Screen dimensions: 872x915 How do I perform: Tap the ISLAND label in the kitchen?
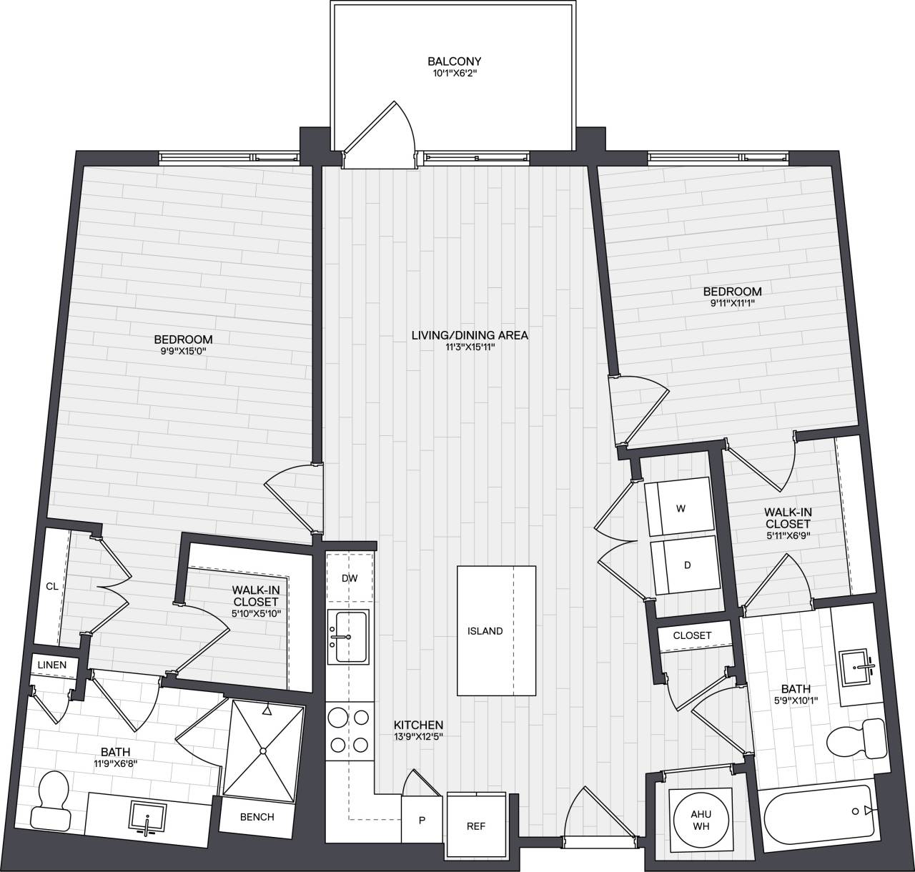[485, 631]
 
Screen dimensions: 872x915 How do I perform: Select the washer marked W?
[680, 507]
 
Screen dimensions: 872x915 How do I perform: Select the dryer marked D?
[686, 565]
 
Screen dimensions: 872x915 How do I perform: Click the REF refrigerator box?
[476, 826]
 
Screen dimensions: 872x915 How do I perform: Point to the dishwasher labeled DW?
[350, 578]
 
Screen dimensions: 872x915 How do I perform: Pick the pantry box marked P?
[422, 820]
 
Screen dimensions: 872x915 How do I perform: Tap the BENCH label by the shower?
[257, 816]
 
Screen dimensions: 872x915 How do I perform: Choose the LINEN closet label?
[52, 665]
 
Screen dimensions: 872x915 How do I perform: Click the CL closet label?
[51, 586]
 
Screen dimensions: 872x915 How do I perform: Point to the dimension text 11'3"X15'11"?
[469, 347]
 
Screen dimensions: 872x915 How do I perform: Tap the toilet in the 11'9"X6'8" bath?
[52, 799]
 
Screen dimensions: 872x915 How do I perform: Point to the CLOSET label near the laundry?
[692, 635]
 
